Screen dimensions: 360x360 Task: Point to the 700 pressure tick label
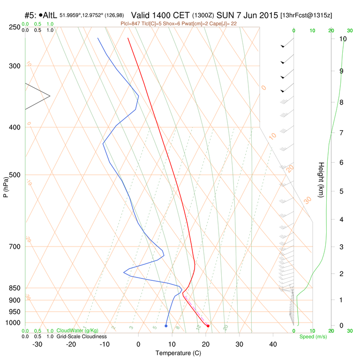pos(15,247)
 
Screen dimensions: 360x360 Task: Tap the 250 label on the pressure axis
pos(15,27)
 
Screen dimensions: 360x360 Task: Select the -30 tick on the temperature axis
pos(37,344)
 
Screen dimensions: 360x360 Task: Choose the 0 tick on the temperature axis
pos(138,344)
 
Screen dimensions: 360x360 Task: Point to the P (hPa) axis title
pos(6,186)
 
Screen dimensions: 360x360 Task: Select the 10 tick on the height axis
pos(343,39)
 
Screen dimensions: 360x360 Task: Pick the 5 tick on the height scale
pos(341,191)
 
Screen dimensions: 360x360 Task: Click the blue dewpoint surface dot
pos(166,326)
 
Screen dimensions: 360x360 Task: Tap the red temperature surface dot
pos(208,326)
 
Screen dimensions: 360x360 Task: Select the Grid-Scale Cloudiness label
pos(82,337)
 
